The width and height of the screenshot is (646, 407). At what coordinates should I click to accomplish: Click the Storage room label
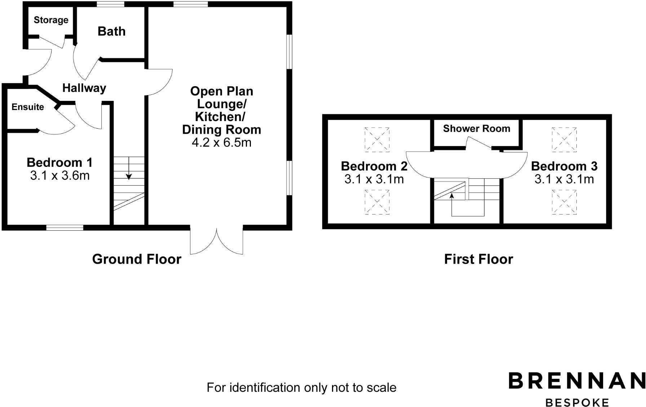pos(51,20)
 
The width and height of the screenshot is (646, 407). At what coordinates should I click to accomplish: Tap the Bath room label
pos(111,31)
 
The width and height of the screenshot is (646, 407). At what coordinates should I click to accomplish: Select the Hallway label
pos(84,88)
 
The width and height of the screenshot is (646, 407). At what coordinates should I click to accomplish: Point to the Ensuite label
pos(28,107)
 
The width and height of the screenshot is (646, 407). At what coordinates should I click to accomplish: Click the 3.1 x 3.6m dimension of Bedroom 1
pos(60,176)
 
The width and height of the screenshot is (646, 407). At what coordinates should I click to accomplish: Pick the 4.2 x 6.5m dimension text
pos(221,142)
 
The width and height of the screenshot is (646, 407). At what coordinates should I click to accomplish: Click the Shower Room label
pos(476,129)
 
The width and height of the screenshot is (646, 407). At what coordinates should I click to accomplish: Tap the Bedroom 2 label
pos(374,166)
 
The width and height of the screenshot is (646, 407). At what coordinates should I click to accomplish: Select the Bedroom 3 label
pos(564,166)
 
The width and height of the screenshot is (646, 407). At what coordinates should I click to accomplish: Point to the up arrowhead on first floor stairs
pos(451,196)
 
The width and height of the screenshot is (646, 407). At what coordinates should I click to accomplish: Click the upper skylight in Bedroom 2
pos(377,139)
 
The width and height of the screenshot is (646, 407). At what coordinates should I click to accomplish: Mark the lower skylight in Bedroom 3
pos(564,202)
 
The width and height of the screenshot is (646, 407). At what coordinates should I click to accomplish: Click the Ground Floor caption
pos(137,259)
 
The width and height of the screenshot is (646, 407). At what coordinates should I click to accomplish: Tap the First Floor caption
pos(478,259)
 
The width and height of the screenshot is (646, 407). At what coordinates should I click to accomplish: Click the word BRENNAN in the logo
pos(576,381)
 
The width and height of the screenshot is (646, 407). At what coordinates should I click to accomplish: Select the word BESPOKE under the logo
pos(577,402)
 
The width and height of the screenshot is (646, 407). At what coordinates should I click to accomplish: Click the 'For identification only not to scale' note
pos(301,388)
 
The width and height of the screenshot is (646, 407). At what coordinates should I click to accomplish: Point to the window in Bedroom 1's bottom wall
pos(65,227)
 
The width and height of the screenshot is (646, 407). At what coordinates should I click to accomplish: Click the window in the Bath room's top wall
pos(111,4)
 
